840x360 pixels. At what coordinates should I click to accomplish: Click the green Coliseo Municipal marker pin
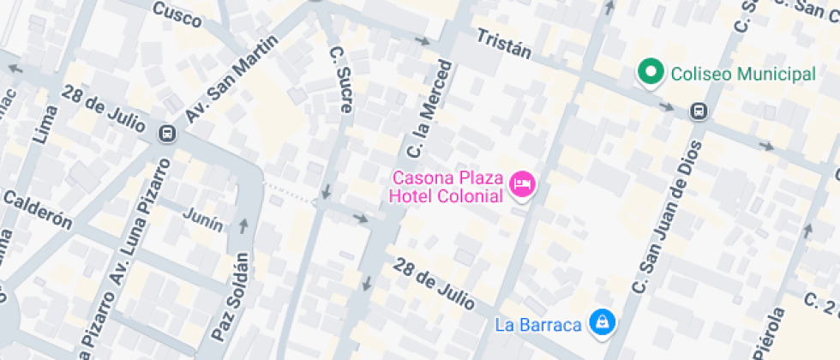coord(651,73)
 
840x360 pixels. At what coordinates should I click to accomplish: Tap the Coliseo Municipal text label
coord(742,75)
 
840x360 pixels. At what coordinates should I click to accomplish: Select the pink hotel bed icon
coord(522,183)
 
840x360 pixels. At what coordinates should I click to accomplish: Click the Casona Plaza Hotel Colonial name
coord(445,188)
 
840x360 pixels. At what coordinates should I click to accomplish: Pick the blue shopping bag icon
coord(603,322)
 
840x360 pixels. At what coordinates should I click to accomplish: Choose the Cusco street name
coord(177,13)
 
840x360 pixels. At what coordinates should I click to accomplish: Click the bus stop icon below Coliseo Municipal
coord(699,111)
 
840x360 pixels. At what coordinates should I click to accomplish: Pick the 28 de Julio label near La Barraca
coord(434,283)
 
